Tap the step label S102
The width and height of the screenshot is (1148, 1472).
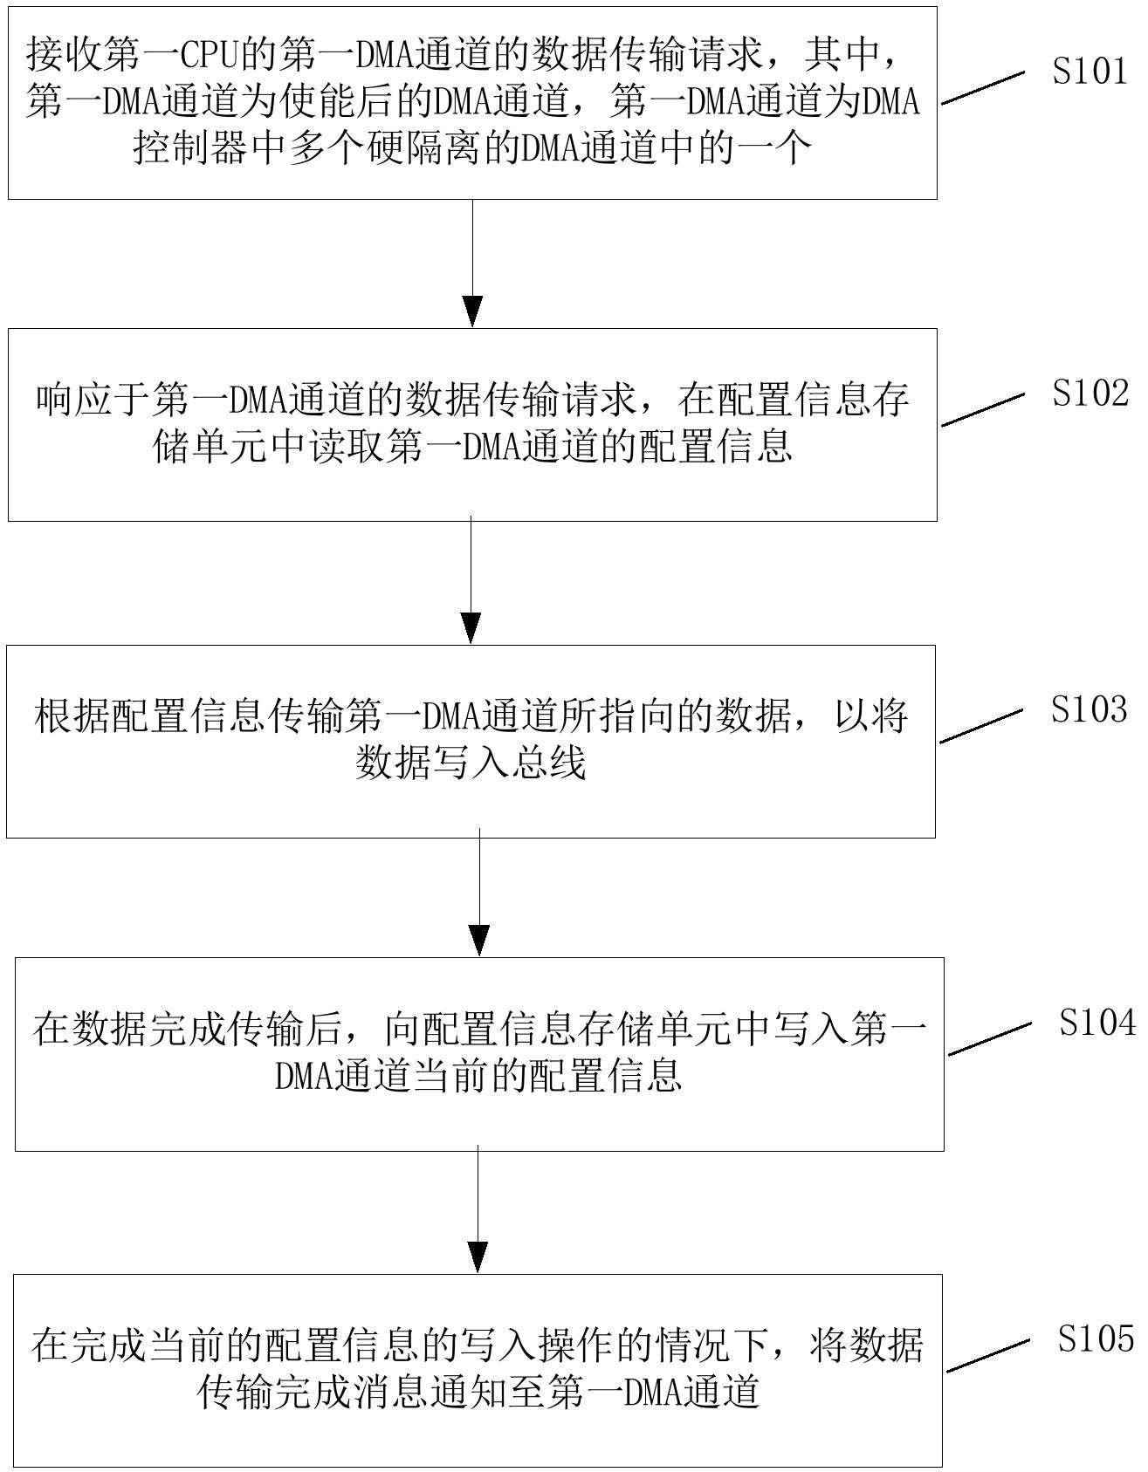[x=1090, y=394]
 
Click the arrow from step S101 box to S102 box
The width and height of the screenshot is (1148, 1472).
[x=472, y=263]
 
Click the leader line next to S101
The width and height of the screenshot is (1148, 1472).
[x=982, y=88]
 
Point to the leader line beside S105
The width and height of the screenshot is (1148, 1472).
[x=987, y=1355]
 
